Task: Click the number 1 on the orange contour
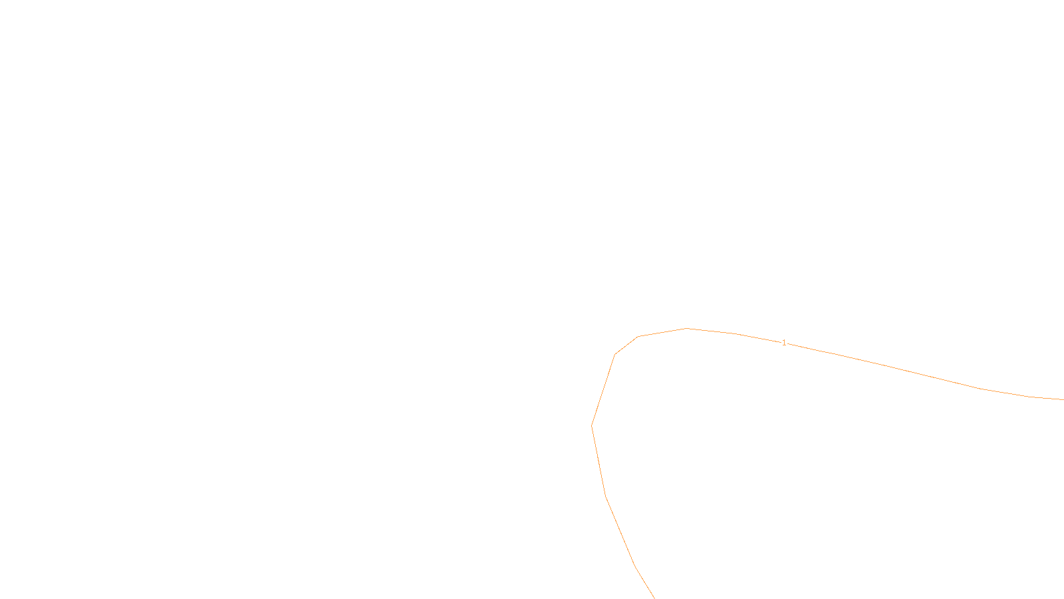(x=784, y=343)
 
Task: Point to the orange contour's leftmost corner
(x=592, y=425)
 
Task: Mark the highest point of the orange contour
(x=687, y=328)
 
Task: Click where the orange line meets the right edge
(x=1063, y=399)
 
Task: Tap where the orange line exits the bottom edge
(x=654, y=598)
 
